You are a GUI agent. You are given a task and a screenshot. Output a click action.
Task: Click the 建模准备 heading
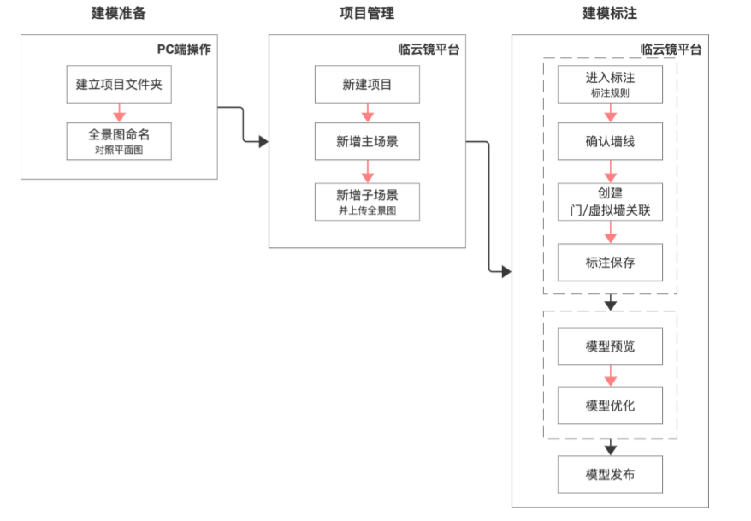tap(118, 14)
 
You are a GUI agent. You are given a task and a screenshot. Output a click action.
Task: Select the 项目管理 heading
tap(366, 14)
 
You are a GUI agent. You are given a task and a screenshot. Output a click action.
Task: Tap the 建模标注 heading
tap(609, 14)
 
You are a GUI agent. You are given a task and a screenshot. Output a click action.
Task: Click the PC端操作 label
tap(183, 49)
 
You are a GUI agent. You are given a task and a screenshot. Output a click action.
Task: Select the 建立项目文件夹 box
tap(119, 84)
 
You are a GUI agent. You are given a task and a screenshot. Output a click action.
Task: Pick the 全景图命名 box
tap(119, 140)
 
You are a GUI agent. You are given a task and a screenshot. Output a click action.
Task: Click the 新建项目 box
tap(367, 84)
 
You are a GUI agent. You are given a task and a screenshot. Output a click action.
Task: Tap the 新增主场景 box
tap(367, 141)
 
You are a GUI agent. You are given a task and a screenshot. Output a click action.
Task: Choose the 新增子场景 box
tap(367, 202)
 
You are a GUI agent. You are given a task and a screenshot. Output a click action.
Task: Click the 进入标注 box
tap(610, 83)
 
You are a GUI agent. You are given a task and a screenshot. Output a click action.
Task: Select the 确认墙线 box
tap(610, 141)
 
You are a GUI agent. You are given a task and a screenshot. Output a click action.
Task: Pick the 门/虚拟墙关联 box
tap(610, 201)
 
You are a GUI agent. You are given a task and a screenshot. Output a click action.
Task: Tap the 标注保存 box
tap(610, 263)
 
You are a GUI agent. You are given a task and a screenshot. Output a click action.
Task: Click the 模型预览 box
tap(610, 346)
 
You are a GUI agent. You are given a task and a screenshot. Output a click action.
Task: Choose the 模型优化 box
tap(610, 405)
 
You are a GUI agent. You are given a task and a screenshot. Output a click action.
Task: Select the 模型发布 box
tap(610, 474)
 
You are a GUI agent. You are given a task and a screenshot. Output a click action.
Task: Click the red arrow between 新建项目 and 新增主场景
tap(367, 113)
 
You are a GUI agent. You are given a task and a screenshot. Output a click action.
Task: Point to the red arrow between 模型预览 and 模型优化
tap(610, 376)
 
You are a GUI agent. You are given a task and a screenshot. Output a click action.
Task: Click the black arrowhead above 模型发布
tap(610, 448)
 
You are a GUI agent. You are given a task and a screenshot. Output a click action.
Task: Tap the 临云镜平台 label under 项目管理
tap(429, 49)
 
